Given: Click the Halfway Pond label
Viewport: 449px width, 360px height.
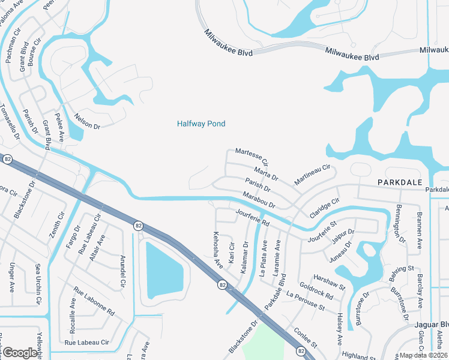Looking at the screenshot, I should [x=201, y=124].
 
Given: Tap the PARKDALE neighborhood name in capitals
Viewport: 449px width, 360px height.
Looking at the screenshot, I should [x=400, y=181].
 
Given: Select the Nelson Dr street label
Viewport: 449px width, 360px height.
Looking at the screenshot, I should [x=86, y=121].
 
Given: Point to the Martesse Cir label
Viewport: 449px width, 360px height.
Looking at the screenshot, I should [x=251, y=157].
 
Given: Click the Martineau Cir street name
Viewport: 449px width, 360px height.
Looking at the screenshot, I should [x=312, y=174].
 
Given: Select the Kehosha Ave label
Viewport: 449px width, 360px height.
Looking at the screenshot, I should [x=217, y=249].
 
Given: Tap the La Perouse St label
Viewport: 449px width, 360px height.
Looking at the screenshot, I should [x=305, y=302].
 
